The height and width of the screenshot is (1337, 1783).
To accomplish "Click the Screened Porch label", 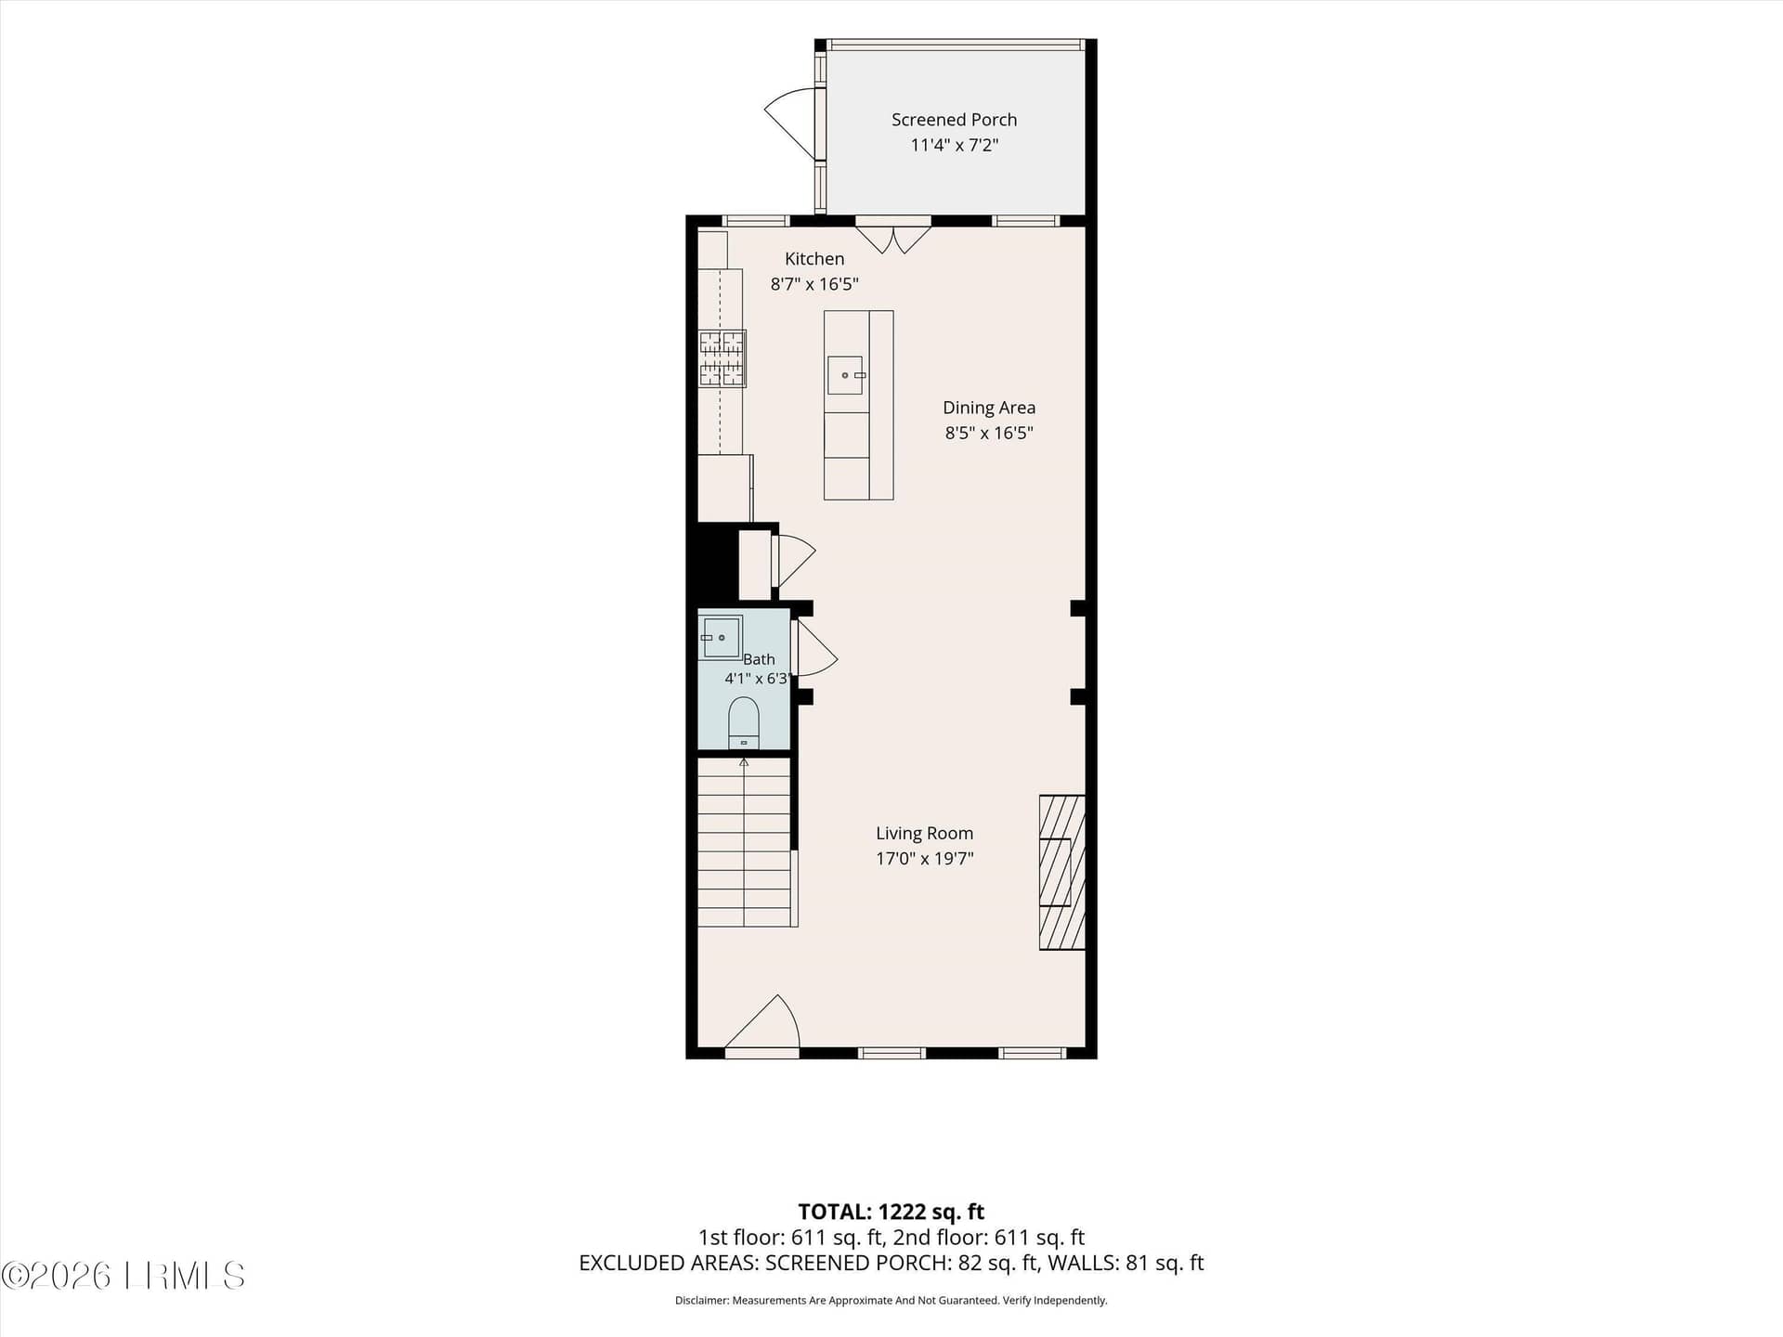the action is pos(954,120).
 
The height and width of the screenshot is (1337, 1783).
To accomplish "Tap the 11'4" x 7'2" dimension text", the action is pos(954,145).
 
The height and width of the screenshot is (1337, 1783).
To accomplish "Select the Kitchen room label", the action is pos(814,259).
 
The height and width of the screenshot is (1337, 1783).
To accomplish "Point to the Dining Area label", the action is pos(989,408).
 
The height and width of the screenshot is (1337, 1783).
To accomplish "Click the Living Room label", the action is pos(924,834).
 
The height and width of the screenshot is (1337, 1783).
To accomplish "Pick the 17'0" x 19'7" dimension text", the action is pos(924,859).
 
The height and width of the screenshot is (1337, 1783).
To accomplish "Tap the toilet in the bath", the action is pos(744,723).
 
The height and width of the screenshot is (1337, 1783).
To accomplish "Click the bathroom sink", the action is pos(721,637).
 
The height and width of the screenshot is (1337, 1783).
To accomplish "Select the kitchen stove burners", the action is pos(722,358).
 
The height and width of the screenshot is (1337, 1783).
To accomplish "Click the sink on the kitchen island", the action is pos(845,375).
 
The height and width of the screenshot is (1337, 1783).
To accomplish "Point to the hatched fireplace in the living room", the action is pos(1061,872).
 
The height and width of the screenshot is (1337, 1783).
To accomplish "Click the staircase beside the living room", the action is pos(745,842).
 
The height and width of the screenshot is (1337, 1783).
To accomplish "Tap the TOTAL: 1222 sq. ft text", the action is pos(891,1212).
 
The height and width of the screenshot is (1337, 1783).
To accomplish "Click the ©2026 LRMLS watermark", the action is pos(123,1276).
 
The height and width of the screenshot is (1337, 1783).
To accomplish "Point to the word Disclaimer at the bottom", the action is pos(701,1301).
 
